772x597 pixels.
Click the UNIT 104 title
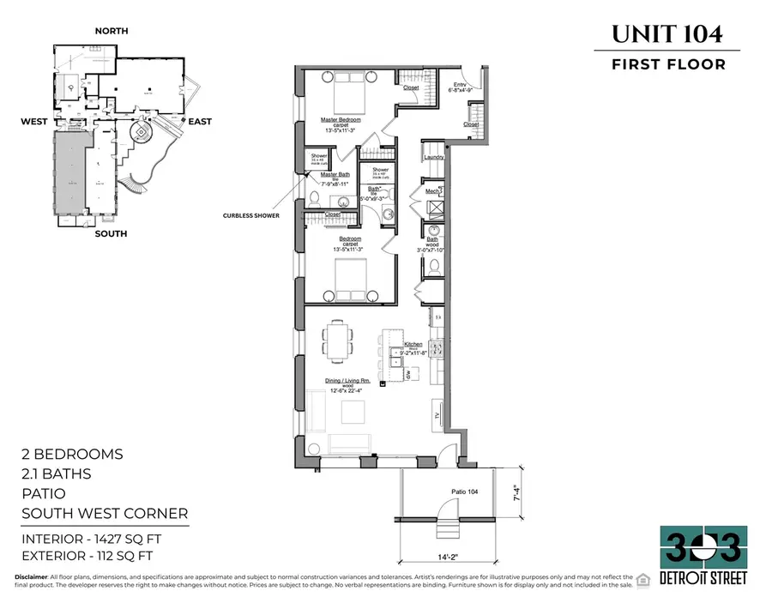666,34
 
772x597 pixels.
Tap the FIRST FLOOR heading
667,64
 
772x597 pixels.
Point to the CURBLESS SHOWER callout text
250,216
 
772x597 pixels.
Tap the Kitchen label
414,342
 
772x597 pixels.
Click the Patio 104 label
441,491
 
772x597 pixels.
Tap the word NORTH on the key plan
112,31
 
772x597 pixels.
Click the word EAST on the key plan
200,122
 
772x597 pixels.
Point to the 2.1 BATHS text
56,473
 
